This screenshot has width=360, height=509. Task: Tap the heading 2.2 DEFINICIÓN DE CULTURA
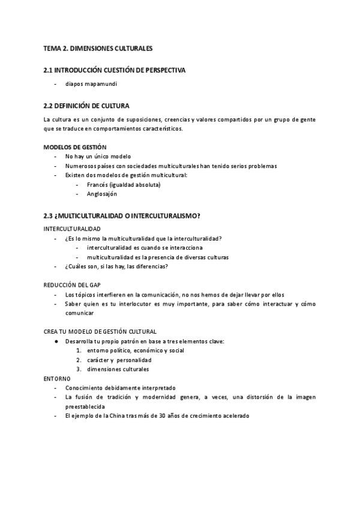86,106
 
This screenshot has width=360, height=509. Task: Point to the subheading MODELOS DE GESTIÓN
75,147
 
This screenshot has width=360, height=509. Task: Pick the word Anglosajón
102,194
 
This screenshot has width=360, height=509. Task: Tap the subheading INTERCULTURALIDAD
72,229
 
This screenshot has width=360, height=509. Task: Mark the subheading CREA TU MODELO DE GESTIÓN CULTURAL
100,331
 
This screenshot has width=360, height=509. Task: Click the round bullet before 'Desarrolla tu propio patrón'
56,341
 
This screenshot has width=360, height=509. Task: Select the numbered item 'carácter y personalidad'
114,360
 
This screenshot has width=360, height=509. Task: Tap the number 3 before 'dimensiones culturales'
79,369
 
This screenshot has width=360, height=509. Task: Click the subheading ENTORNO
57,378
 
